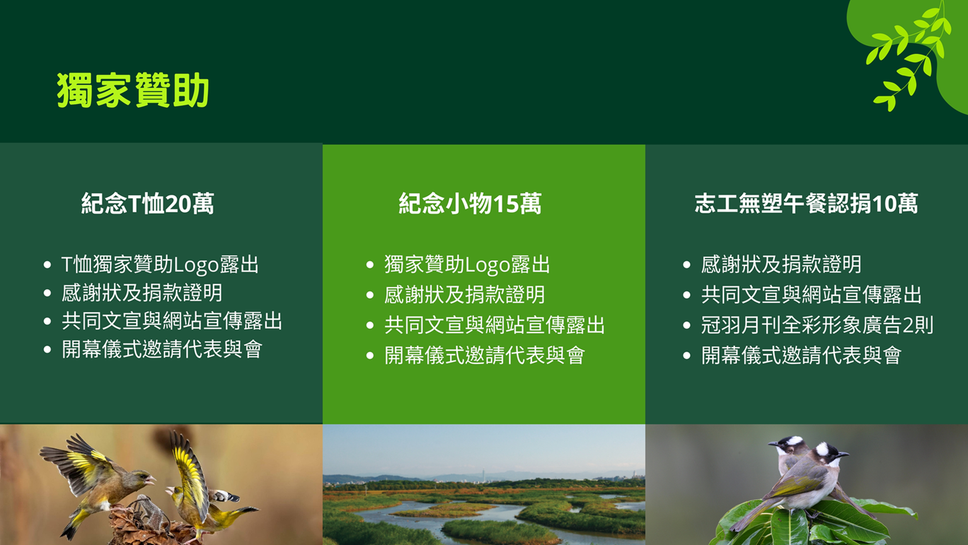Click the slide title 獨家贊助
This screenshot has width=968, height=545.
(133, 90)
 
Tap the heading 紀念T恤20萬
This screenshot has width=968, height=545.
(147, 203)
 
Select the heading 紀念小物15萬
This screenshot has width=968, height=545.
(470, 203)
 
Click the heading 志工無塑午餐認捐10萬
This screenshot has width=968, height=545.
(806, 203)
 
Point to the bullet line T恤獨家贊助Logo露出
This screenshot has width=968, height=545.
(160, 265)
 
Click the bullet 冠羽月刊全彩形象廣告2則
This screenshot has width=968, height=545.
(817, 325)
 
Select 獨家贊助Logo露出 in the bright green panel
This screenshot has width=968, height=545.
(467, 265)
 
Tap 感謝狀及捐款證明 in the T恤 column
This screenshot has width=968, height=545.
(142, 293)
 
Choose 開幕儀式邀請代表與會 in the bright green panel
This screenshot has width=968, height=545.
(485, 356)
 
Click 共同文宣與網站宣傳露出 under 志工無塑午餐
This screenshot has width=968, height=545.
(811, 295)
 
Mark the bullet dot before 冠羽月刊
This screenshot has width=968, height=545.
(687, 325)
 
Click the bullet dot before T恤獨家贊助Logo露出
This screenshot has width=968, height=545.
(47, 265)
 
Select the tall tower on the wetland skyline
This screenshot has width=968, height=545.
(483, 472)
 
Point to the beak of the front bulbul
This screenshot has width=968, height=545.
(843, 455)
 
